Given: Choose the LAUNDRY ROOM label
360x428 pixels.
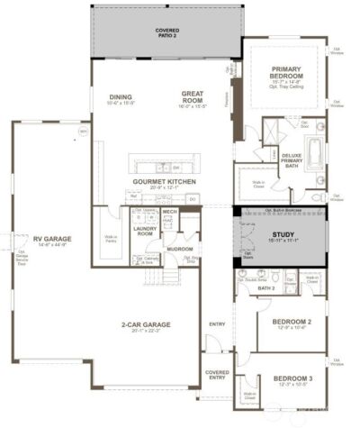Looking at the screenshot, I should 146,231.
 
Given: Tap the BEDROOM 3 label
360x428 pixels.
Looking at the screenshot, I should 292,378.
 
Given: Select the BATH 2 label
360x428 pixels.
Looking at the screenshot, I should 265,288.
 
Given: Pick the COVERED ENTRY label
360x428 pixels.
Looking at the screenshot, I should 217,373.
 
